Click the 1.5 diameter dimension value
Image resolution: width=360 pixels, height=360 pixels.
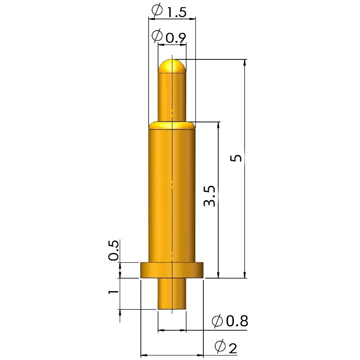(x=176, y=13)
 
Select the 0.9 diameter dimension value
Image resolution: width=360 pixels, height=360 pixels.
(x=175, y=38)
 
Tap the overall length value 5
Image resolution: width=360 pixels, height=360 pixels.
(x=236, y=158)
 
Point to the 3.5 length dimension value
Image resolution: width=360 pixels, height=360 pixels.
(x=210, y=195)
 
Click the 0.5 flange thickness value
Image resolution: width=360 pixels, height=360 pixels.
(x=114, y=250)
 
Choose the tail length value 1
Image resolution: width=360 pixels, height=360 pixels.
(x=113, y=292)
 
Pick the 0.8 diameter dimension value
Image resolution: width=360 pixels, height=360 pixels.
(x=238, y=321)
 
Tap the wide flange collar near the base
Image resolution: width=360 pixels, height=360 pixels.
(x=172, y=270)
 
